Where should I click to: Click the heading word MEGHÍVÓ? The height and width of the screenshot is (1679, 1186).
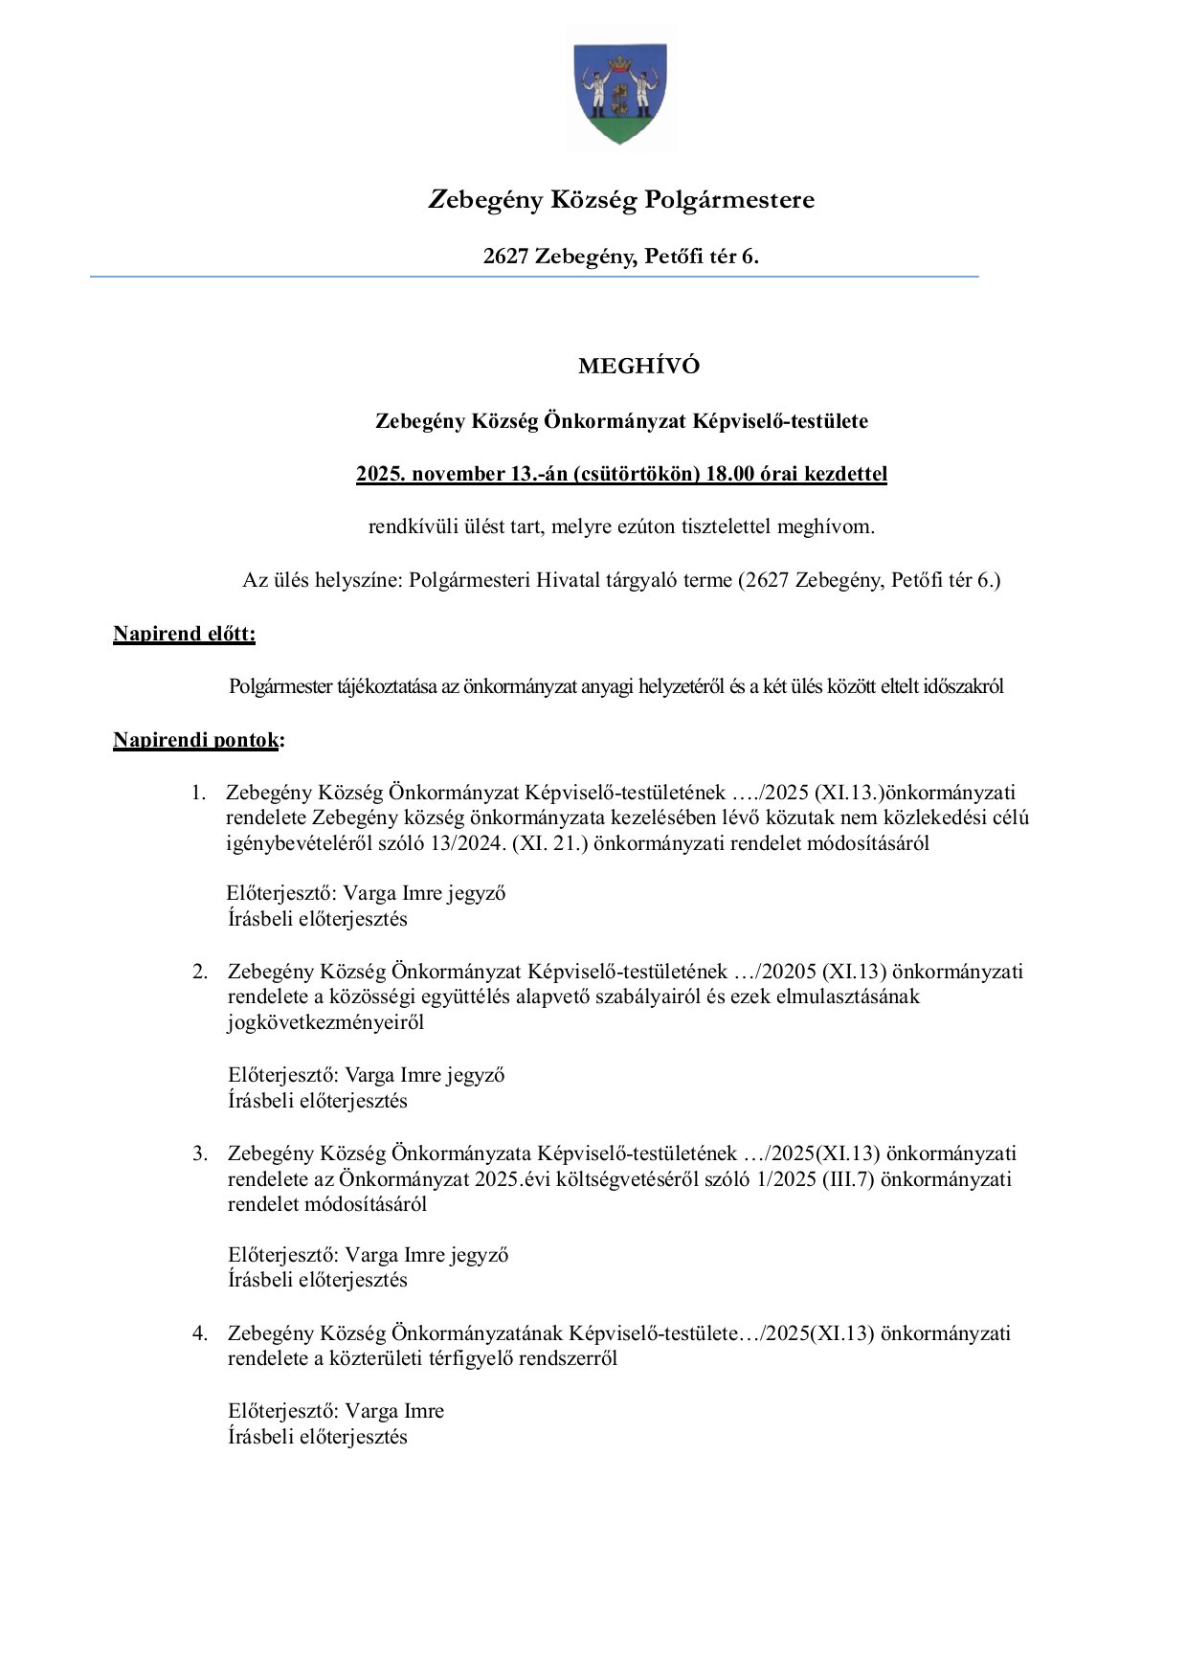[638, 367]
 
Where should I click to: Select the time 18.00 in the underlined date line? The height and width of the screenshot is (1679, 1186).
[732, 474]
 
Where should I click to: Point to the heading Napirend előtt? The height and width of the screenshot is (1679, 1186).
[184, 634]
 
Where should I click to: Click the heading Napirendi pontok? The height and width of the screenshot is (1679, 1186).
[196, 740]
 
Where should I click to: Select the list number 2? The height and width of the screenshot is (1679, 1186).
[199, 973]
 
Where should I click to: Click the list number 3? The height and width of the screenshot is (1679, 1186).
[199, 1153]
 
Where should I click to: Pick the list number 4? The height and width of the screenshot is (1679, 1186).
[199, 1333]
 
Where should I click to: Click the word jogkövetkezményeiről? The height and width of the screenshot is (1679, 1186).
[325, 1022]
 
